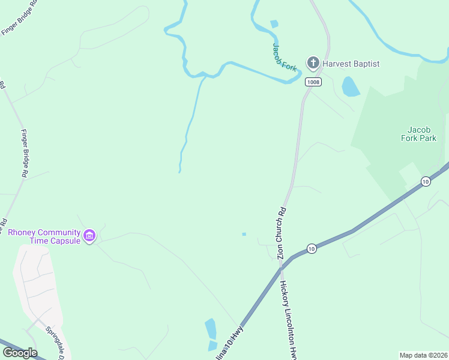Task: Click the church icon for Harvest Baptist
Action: point(313,62)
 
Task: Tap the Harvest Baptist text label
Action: point(351,63)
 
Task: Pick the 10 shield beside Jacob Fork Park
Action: point(426,181)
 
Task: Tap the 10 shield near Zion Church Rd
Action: point(311,248)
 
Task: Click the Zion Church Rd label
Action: point(280,233)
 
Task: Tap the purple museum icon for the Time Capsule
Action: point(89,235)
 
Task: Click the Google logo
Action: point(20,352)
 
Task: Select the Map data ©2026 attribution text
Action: point(423,355)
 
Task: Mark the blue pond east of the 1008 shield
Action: point(351,87)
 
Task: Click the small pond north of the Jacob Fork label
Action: point(274,24)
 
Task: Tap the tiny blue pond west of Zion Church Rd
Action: point(244,234)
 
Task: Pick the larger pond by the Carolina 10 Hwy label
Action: point(211,329)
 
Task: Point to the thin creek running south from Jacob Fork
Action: point(190,120)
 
